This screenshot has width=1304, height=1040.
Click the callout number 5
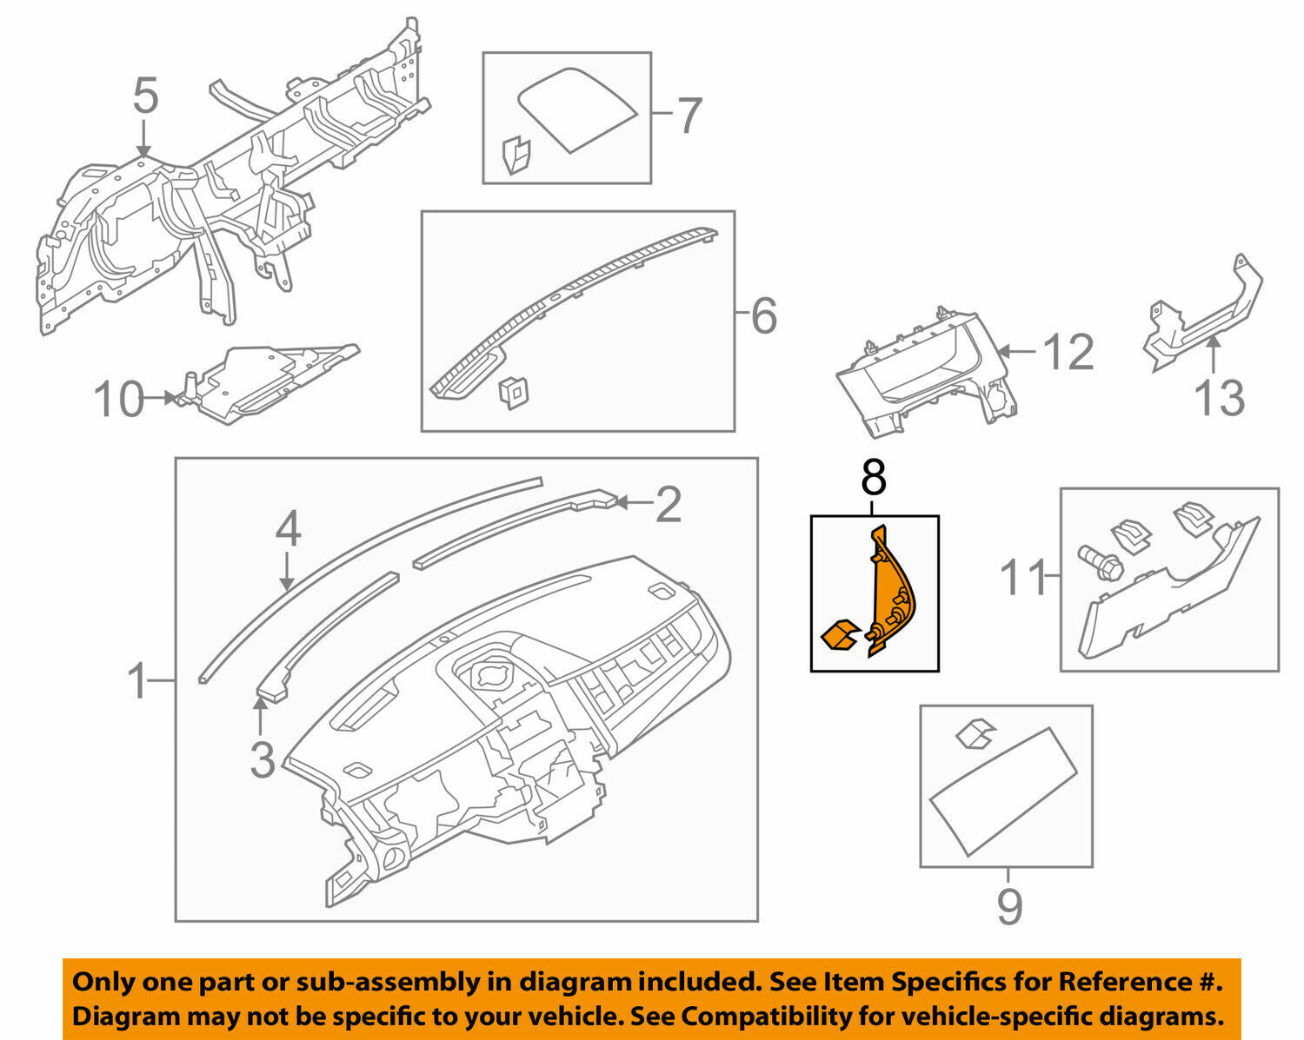pos(145,96)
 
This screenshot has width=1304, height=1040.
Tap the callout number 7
pos(689,116)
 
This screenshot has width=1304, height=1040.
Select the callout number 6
pos(763,316)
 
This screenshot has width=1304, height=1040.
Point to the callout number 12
pos(1068,353)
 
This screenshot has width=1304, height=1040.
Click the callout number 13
pos(1220,398)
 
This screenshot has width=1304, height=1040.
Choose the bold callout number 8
pos(874,478)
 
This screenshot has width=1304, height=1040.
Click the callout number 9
pos(1008,907)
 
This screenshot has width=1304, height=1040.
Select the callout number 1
pos(139,681)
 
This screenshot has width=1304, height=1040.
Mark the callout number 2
pos(668,505)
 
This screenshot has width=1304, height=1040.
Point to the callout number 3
pos(262,758)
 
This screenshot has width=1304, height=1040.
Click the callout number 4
pos(288,530)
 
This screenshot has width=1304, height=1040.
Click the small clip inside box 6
pos(510,393)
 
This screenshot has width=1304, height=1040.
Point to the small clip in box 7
pos(517,155)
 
